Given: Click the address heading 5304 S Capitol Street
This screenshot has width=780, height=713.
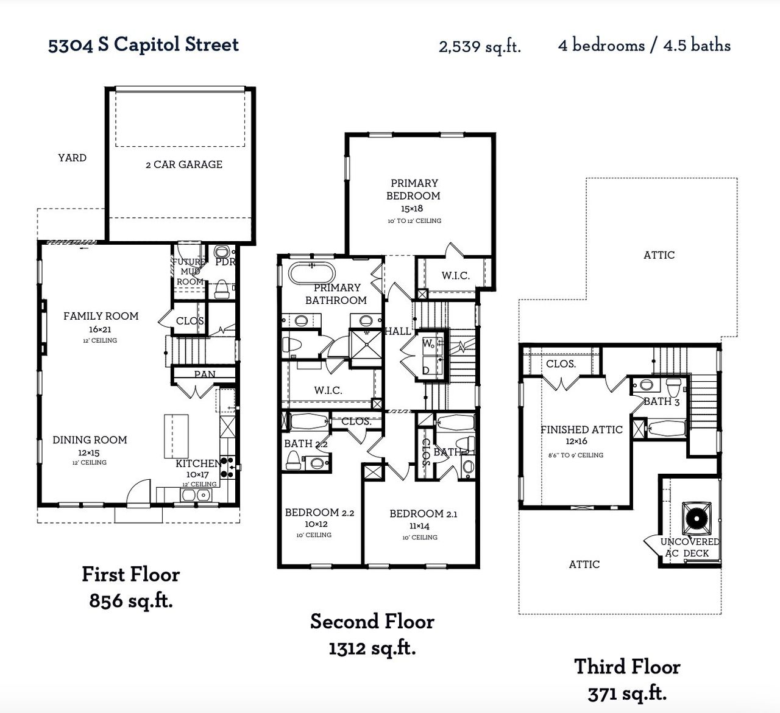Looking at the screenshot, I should click(x=143, y=44).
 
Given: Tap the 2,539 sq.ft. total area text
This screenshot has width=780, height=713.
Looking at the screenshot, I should click(x=480, y=46).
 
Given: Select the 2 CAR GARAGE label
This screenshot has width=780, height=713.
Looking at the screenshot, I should click(x=184, y=164).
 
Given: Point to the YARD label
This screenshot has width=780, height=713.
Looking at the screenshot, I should click(x=72, y=158).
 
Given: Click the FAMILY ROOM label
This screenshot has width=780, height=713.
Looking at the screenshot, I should click(x=101, y=316).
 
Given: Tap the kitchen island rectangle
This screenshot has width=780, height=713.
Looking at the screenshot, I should click(x=176, y=436).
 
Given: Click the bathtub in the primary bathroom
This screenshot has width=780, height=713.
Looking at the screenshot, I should click(x=311, y=272).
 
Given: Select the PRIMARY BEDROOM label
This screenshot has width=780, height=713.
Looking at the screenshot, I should click(x=414, y=189).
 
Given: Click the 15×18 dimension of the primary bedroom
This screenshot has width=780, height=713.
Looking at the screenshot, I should click(x=412, y=208).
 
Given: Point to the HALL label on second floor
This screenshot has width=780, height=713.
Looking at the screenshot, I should click(x=398, y=331).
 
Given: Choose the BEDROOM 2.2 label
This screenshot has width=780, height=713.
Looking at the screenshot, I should click(x=319, y=513).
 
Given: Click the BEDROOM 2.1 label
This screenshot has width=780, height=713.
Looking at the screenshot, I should click(x=423, y=514).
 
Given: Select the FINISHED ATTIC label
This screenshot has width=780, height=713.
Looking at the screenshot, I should click(x=581, y=430).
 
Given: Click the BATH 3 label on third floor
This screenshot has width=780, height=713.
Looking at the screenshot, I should click(x=661, y=401).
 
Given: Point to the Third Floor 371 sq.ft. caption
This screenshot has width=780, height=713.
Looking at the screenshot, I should click(x=627, y=680).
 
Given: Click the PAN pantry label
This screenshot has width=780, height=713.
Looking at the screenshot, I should click(x=204, y=374).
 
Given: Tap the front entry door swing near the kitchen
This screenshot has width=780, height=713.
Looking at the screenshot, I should click(x=139, y=492).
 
